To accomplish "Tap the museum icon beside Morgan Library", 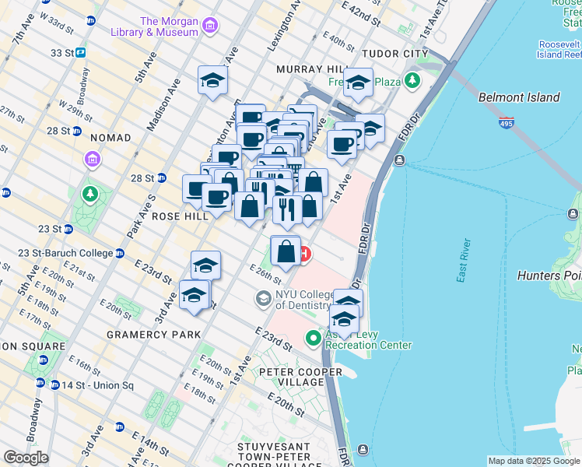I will (209, 27).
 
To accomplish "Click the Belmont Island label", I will (519, 97).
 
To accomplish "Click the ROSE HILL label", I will (181, 216).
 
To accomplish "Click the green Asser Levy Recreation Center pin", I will (314, 338).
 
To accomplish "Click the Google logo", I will (26, 458).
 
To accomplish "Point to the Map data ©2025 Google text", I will (533, 461).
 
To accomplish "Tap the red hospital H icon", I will (304, 254).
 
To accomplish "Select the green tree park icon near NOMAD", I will (91, 193).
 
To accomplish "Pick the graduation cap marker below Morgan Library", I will (212, 81).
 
